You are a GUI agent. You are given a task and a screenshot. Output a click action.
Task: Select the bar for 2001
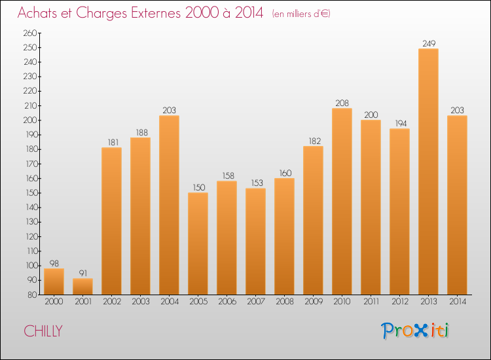click(x=82, y=287)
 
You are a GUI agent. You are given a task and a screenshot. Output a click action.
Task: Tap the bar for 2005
click(x=198, y=243)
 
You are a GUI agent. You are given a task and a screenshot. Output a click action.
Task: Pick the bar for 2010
click(x=342, y=202)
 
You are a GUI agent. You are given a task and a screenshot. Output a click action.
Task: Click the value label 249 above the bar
click(x=428, y=44)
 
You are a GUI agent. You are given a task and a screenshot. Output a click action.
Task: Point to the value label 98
click(x=54, y=263)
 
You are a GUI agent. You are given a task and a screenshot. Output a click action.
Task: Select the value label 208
click(x=342, y=103)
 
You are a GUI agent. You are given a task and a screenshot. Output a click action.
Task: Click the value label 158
click(x=227, y=176)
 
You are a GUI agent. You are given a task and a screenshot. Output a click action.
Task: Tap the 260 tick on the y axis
click(x=29, y=33)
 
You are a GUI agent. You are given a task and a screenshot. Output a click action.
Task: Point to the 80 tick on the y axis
click(x=31, y=295)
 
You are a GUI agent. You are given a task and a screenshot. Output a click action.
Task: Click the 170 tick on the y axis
click(x=29, y=164)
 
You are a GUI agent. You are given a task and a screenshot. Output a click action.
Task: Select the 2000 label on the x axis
click(x=54, y=302)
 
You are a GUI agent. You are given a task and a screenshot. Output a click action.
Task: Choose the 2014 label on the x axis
click(x=457, y=302)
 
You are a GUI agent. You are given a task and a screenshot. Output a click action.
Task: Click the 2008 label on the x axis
click(x=284, y=302)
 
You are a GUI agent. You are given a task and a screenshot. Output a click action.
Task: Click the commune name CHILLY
click(x=43, y=331)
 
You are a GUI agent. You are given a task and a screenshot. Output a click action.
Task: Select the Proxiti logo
click(x=416, y=331)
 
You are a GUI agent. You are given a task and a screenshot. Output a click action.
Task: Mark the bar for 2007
click(x=255, y=242)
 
